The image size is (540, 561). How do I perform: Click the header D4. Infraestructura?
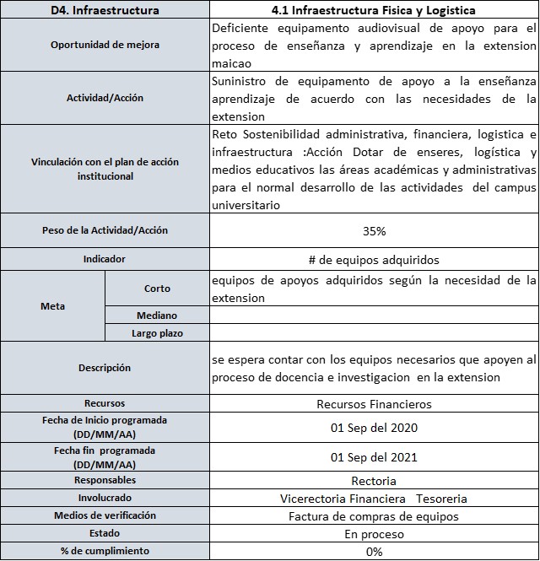coord(105,10)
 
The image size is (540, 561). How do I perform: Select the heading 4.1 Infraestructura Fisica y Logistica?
coord(375,10)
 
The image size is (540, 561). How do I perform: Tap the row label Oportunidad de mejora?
coord(105,45)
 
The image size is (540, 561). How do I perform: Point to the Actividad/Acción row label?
coord(105,98)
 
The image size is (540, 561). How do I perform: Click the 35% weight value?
coord(375,230)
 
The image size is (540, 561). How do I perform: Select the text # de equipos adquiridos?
coord(375,260)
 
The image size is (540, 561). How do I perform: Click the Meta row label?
coord(53,306)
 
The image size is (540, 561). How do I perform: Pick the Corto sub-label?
coord(157,289)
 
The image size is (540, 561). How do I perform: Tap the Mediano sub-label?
coord(157,316)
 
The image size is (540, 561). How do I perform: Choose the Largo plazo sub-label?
coord(157,333)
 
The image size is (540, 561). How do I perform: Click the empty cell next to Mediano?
coord(375,316)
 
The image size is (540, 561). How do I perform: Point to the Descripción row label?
coord(105,368)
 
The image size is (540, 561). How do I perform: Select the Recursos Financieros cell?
coord(375,404)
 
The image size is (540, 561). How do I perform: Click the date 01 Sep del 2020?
coord(375,427)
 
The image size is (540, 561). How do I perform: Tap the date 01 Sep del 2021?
coord(375,458)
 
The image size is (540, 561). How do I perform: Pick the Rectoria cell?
coord(375,481)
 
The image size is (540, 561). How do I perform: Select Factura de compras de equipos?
coord(375,516)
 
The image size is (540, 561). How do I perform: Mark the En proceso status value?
coord(375,534)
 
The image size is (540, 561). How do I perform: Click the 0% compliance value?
coord(375,552)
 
